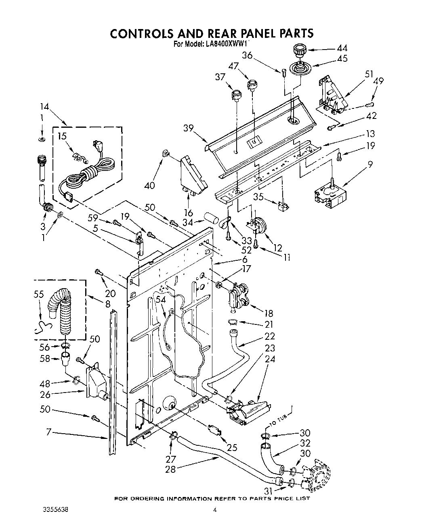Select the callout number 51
[x=369, y=74]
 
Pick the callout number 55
[x=40, y=295]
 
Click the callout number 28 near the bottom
[x=170, y=469]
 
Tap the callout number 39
[x=188, y=129]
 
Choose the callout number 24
[x=270, y=359]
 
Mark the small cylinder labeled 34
[x=212, y=220]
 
